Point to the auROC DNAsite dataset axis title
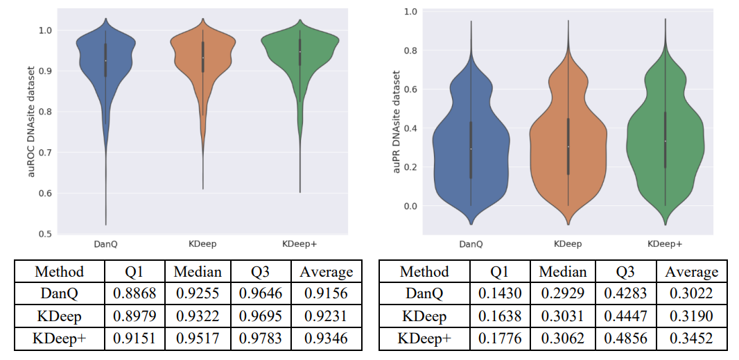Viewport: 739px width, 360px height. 32,121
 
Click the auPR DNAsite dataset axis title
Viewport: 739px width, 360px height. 397,121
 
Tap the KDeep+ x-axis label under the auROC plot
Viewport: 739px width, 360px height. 299,243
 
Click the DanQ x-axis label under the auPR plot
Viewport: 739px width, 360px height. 471,243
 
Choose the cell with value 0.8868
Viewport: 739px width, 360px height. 134,293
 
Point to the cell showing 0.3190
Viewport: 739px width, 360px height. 691,316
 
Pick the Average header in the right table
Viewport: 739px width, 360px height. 691,271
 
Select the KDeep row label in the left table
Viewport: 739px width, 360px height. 59,316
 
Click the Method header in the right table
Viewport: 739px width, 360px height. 424,271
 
